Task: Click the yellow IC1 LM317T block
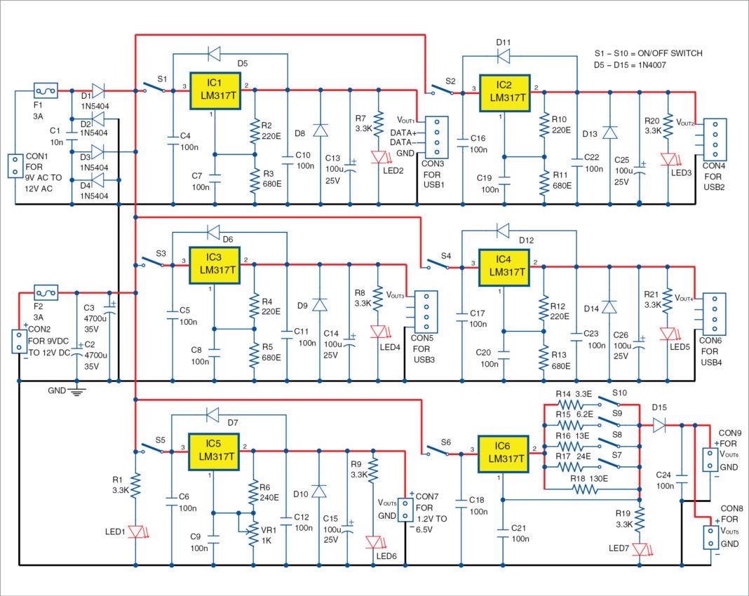pos(215,90)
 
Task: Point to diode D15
pos(660,424)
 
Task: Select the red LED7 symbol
pos(639,548)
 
